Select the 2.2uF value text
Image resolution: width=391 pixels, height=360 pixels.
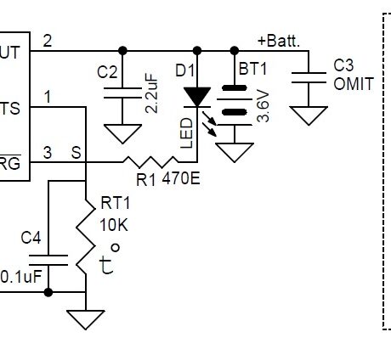[151, 93]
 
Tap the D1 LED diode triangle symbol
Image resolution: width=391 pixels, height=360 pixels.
[197, 96]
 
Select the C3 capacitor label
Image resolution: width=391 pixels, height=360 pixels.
[344, 65]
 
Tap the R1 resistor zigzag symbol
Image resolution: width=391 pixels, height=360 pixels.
[149, 160]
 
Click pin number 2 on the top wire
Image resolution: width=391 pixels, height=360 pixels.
[47, 40]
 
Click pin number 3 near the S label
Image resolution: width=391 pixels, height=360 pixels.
[47, 152]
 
